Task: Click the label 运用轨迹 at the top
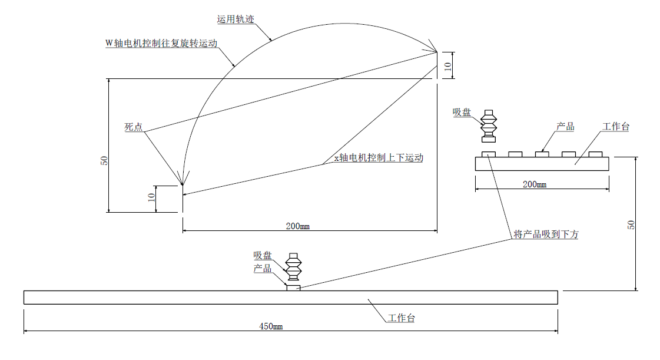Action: [234, 19]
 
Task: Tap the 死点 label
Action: [133, 127]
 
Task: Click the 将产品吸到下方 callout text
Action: [546, 235]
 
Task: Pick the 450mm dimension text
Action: [271, 326]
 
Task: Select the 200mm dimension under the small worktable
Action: [535, 184]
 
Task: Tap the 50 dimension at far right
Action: [631, 224]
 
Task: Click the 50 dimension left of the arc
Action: [104, 160]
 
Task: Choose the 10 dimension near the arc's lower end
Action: [151, 199]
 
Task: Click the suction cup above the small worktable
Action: [489, 126]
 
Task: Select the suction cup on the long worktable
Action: [293, 268]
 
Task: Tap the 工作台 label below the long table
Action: [402, 319]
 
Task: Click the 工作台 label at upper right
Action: [616, 127]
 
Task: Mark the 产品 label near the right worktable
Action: [565, 127]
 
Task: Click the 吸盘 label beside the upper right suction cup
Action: [462, 113]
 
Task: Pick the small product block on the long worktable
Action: [293, 288]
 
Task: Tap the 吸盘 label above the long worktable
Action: [263, 256]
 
